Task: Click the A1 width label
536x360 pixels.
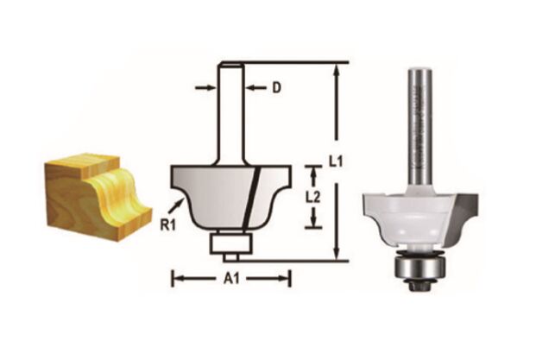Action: [x=232, y=278]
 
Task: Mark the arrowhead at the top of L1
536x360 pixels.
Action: [x=337, y=67]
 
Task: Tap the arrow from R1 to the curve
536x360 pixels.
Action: [x=177, y=205]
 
